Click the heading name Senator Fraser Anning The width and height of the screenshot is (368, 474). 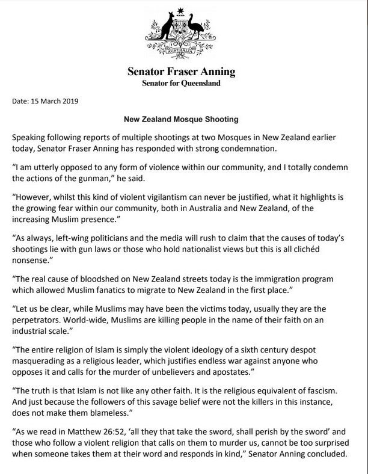pyautogui.click(x=182, y=72)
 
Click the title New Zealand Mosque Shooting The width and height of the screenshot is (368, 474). pyautogui.click(x=184, y=120)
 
